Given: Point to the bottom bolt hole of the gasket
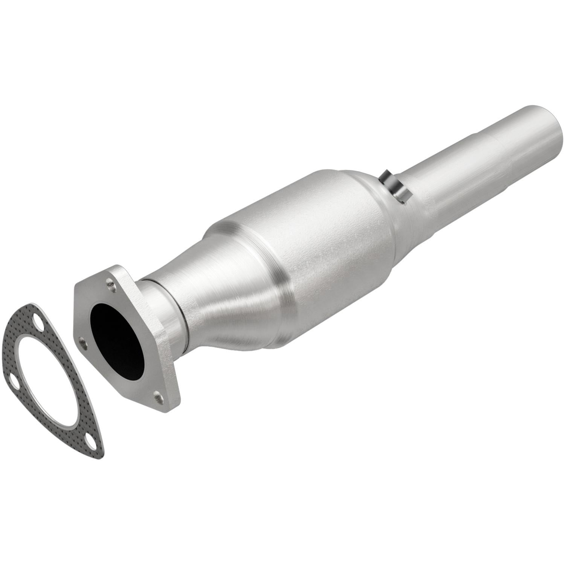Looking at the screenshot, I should point(89,440).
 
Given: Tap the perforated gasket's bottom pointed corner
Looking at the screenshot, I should point(99,454).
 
